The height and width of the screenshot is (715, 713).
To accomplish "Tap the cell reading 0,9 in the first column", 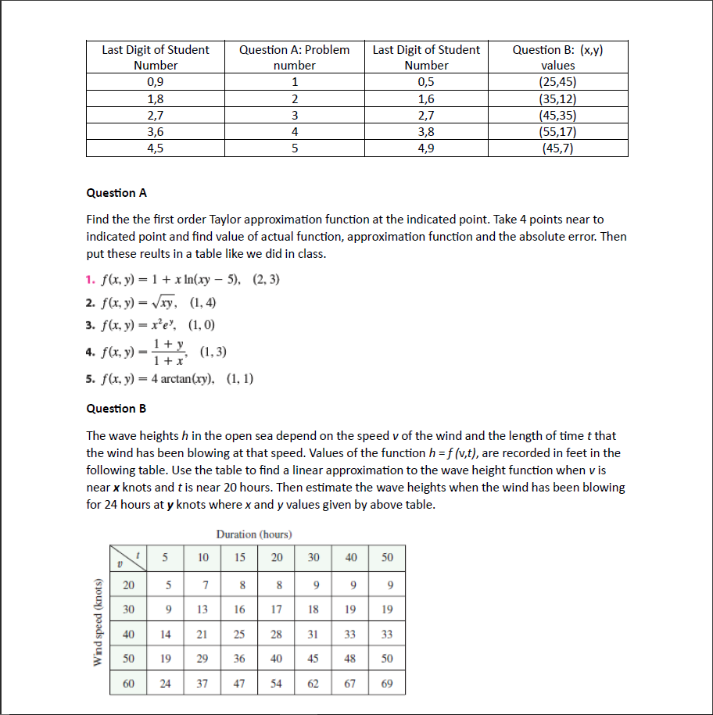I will point(155,82).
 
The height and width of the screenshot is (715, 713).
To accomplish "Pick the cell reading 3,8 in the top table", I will point(426,132).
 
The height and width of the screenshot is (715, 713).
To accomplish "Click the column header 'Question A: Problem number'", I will point(294,57).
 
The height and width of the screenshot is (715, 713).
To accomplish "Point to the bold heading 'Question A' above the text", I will point(116,193).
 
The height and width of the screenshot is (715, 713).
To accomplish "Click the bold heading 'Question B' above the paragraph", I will point(116,408).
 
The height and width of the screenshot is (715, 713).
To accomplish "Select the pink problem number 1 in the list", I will point(90,280).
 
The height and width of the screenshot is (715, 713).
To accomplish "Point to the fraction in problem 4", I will point(168,352).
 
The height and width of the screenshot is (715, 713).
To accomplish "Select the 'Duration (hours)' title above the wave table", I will point(254,534).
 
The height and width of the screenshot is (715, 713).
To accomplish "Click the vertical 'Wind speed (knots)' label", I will point(98,623).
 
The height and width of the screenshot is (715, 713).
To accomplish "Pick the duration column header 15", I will point(240,557).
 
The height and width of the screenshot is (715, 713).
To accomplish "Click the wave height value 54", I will point(277,683).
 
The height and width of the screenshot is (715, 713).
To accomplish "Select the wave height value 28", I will point(277,635).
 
